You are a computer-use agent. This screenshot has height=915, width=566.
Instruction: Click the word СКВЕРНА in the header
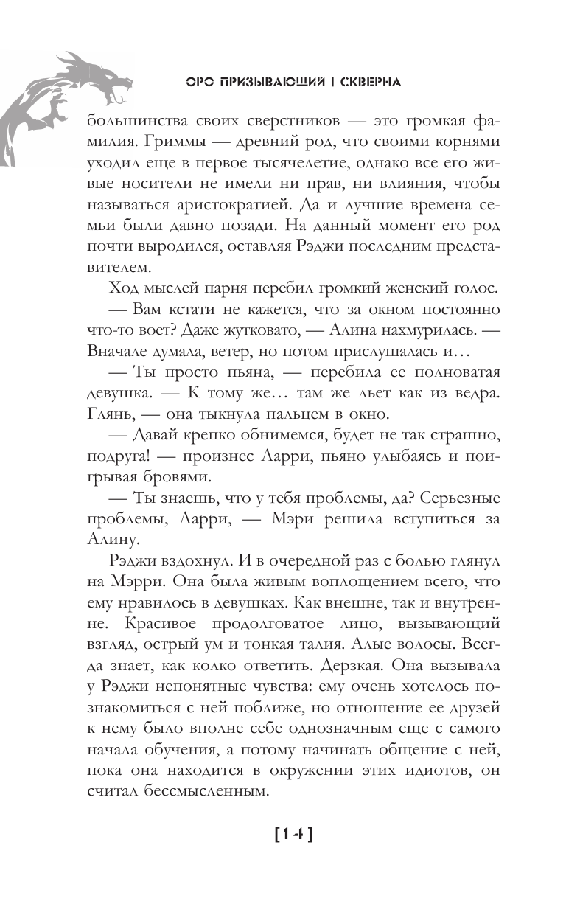pyautogui.click(x=366, y=83)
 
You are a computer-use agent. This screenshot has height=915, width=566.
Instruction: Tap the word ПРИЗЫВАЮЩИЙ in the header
pyautogui.click(x=268, y=83)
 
